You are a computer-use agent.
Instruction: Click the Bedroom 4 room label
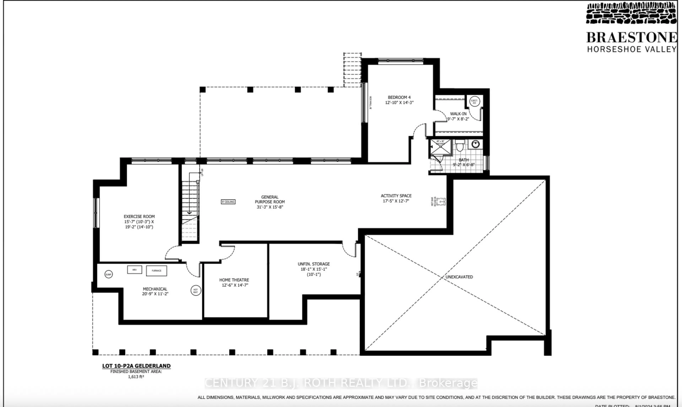pyautogui.click(x=399, y=97)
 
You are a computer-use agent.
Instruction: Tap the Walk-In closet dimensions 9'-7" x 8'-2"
pyautogui.click(x=458, y=119)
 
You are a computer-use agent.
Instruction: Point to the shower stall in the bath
pyautogui.click(x=440, y=147)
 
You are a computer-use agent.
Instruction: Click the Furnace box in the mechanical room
pyautogui.click(x=156, y=271)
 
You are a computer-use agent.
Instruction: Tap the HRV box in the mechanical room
pyautogui.click(x=134, y=270)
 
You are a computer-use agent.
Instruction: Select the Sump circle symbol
pyautogui.click(x=109, y=274)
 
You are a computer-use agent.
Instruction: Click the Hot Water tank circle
pyautogui.click(x=196, y=291)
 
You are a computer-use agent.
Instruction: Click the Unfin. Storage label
pyautogui.click(x=314, y=264)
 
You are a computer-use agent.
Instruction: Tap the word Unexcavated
pyautogui.click(x=459, y=277)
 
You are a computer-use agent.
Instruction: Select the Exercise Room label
pyautogui.click(x=139, y=217)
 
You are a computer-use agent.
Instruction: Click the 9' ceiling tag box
pyautogui.click(x=228, y=202)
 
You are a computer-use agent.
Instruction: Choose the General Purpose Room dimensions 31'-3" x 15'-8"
pyautogui.click(x=270, y=207)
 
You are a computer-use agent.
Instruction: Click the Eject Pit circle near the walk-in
pyautogui.click(x=474, y=101)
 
